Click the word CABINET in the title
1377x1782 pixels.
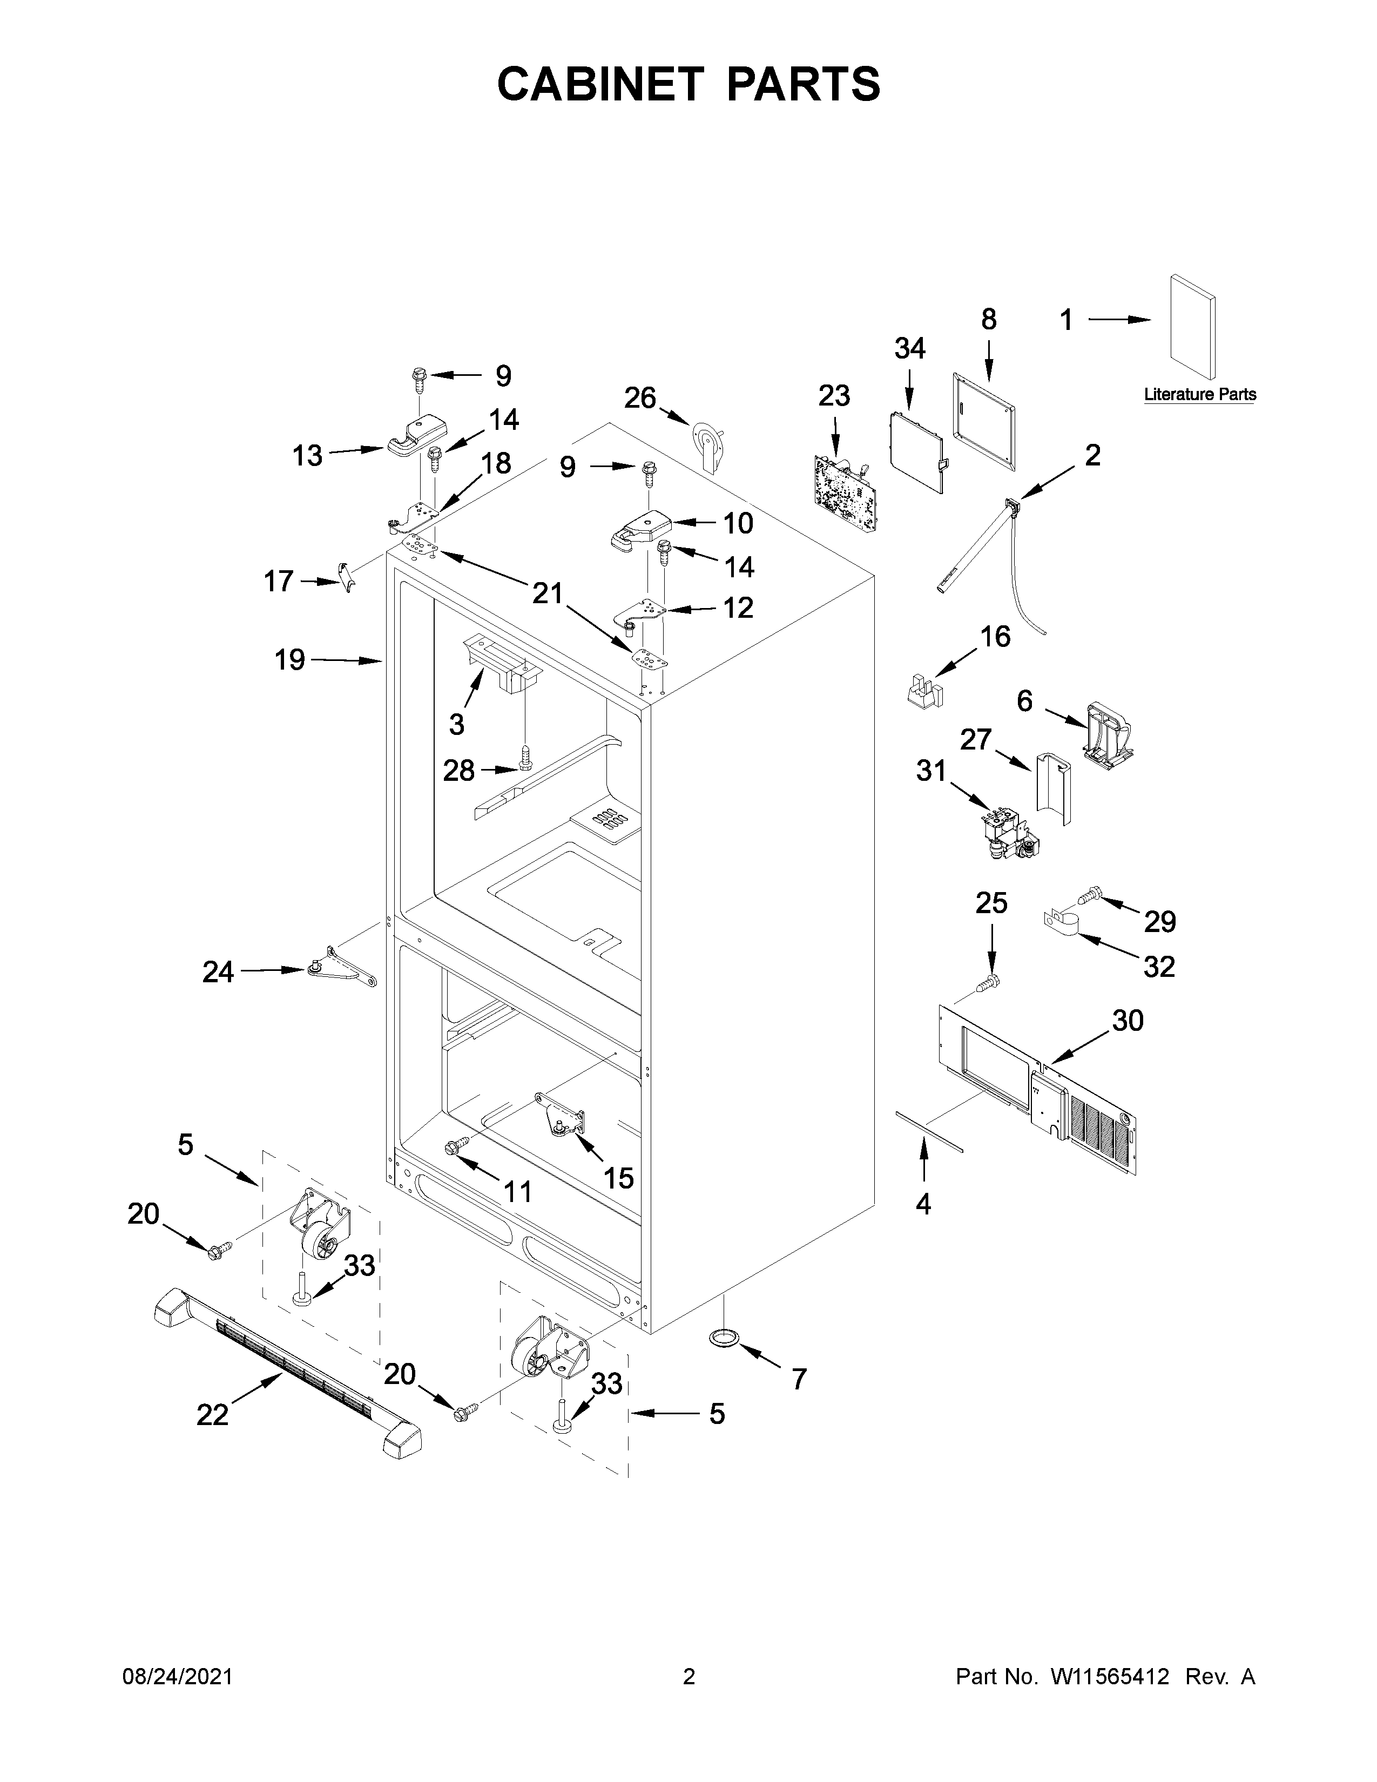click(x=599, y=84)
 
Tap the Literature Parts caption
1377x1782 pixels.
click(x=1199, y=395)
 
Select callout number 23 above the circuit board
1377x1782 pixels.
click(x=834, y=396)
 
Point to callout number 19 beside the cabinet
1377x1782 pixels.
click(x=289, y=659)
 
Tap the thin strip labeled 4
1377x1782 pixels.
click(x=930, y=1131)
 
